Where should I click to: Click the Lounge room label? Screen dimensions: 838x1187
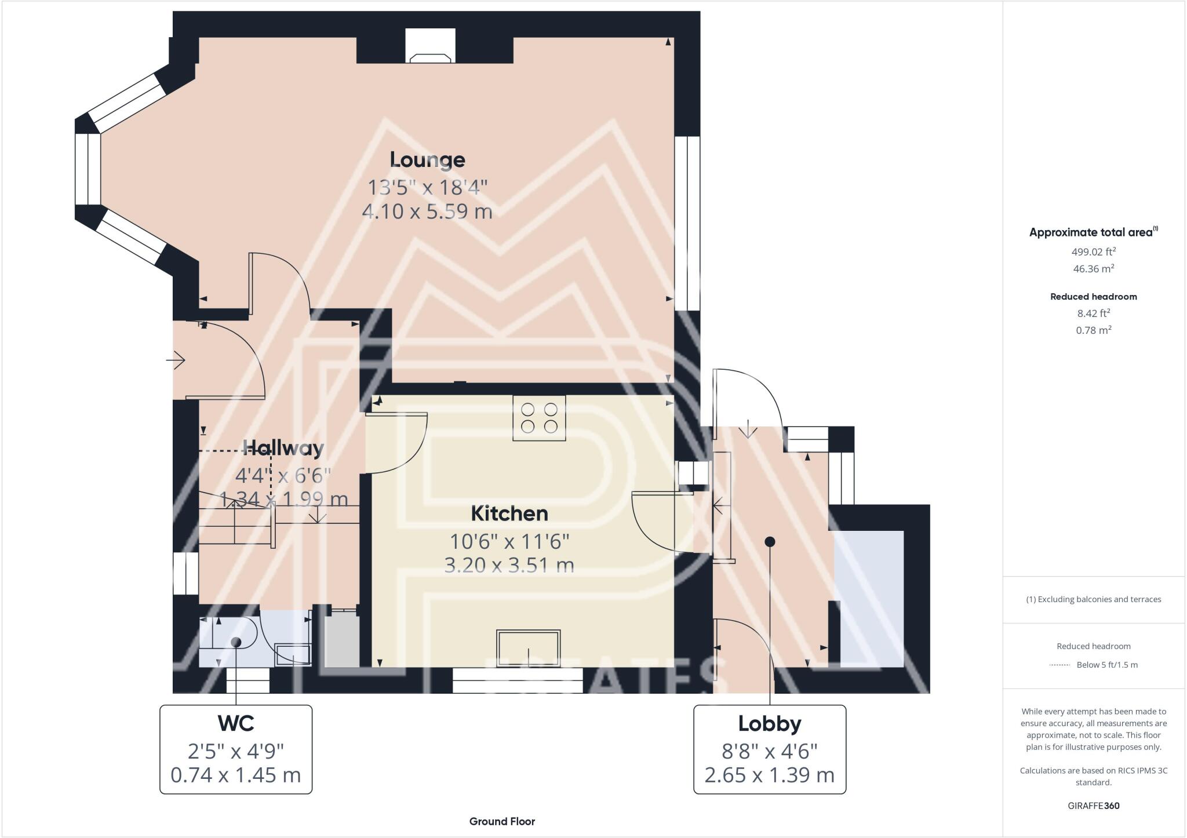[427, 160]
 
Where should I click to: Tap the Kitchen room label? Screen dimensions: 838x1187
[509, 513]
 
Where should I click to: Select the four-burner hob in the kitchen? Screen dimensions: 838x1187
[539, 418]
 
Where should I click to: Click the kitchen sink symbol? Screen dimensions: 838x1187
[528, 647]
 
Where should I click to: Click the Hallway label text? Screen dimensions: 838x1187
[283, 448]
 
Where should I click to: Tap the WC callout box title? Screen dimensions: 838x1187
[236, 723]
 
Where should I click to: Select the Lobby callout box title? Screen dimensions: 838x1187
[769, 723]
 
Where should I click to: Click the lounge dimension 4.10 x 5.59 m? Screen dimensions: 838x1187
[427, 212]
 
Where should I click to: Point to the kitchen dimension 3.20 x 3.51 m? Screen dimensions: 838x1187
[509, 565]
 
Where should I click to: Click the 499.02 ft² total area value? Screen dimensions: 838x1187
[1093, 252]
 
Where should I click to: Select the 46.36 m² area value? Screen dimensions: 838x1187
[1093, 269]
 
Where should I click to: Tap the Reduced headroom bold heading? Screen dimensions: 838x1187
[1093, 297]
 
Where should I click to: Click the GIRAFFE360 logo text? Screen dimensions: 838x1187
[1093, 806]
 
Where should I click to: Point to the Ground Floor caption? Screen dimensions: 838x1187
[502, 821]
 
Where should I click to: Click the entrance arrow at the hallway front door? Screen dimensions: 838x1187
[176, 360]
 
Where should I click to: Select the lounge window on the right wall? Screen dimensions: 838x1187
[687, 223]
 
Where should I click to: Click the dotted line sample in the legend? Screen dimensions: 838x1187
[1059, 665]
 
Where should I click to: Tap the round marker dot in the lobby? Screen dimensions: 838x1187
[770, 542]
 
